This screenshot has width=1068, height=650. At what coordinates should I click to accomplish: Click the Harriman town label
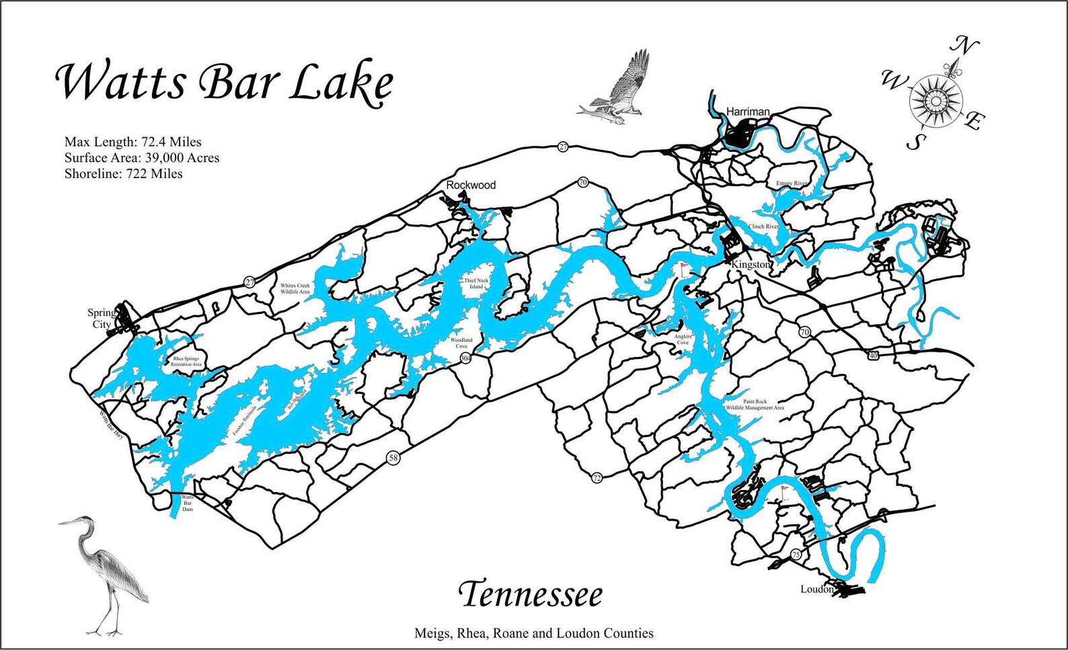click(x=747, y=112)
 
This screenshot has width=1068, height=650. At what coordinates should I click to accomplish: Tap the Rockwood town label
click(x=471, y=185)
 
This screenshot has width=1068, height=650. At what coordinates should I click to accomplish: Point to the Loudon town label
click(x=816, y=590)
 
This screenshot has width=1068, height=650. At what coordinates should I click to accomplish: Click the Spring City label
click(x=101, y=319)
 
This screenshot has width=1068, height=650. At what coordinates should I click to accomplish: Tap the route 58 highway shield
click(x=393, y=458)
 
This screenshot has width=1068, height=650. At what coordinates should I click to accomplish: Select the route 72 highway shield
click(x=597, y=478)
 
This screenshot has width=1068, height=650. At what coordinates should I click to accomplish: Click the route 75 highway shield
click(x=796, y=555)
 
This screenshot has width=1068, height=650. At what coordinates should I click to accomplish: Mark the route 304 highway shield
click(x=465, y=359)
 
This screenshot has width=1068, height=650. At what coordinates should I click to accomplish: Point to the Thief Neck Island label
click(x=476, y=284)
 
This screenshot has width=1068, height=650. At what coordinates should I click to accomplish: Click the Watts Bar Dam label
click(x=188, y=503)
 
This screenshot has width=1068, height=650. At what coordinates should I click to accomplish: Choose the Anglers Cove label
click(x=683, y=339)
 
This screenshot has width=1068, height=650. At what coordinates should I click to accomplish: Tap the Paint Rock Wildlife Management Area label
click(x=755, y=405)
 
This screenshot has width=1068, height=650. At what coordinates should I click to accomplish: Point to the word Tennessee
click(x=531, y=595)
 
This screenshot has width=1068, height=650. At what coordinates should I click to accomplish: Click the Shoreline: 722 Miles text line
click(x=123, y=174)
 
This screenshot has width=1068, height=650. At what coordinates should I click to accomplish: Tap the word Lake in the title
click(x=342, y=83)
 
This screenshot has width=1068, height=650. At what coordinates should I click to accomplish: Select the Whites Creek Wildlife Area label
click(x=295, y=289)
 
